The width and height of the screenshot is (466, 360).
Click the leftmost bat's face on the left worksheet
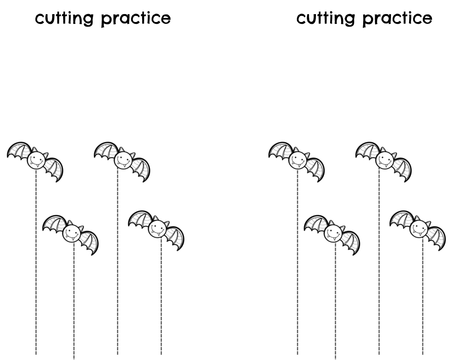[36, 159]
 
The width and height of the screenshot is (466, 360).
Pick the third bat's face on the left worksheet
[123, 159]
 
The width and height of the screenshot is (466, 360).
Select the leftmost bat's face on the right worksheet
[297, 159]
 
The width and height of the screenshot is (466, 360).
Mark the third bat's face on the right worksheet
[384, 159]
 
